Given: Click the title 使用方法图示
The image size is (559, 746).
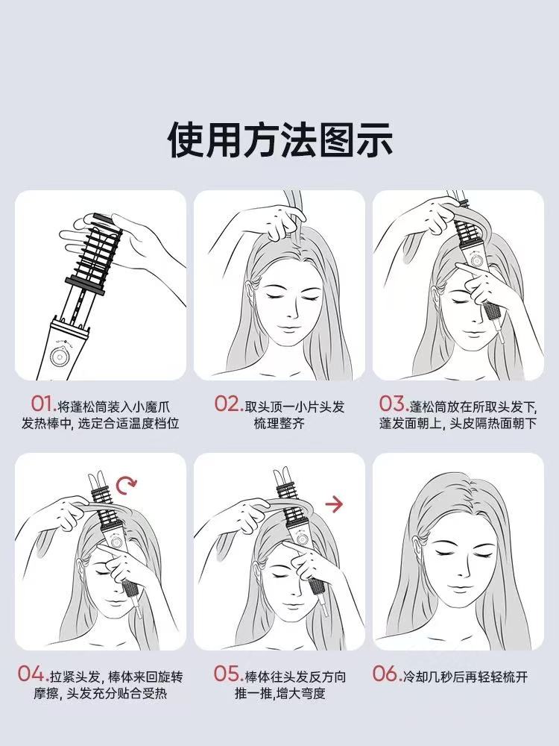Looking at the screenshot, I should coord(279,140).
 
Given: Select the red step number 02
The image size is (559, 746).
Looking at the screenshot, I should coord(228,404).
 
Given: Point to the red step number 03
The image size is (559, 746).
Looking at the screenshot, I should coord(392,404).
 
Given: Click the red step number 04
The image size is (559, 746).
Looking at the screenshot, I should coord(33,674).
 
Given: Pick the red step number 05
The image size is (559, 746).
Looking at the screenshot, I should coord(227,674).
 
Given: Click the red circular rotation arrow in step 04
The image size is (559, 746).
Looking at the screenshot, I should coord(128,486).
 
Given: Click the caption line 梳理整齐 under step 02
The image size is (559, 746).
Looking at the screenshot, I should coord(279,424).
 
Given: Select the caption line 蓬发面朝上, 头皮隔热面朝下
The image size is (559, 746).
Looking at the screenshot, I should coord(458,424).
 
